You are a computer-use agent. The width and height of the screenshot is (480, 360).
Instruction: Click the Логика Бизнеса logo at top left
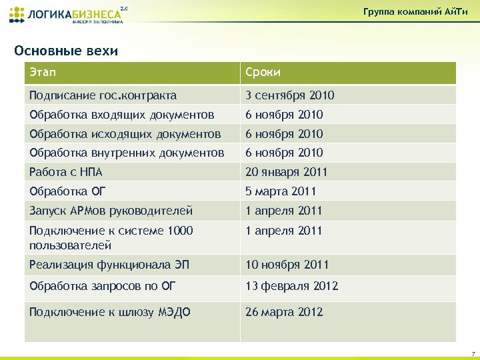[67, 14]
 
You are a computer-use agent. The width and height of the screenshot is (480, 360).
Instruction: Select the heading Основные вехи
[66, 51]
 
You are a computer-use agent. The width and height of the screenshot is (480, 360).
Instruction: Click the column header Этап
[40, 73]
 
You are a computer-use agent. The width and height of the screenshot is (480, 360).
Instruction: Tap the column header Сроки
[263, 73]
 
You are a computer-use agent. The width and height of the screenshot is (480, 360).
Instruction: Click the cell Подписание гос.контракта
[103, 95]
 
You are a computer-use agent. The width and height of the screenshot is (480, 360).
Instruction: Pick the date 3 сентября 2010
[290, 95]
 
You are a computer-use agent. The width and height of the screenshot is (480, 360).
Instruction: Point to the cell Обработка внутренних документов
[127, 153]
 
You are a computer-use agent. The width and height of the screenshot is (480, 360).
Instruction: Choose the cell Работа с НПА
[65, 172]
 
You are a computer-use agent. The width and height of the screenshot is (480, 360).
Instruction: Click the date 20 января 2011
[287, 172]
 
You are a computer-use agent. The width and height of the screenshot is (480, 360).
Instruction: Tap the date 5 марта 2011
[281, 191]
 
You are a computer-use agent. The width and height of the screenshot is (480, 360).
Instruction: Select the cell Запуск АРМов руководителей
[111, 211]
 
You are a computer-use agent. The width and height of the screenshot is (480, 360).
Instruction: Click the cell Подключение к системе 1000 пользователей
[111, 237]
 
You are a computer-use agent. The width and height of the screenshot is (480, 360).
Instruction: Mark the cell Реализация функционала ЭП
[109, 265]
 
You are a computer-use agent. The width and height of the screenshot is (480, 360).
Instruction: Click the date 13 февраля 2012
[292, 287]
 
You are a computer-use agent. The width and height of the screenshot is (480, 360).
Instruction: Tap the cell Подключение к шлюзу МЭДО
[109, 312]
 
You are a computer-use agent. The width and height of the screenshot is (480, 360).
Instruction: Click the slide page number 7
[472, 353]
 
